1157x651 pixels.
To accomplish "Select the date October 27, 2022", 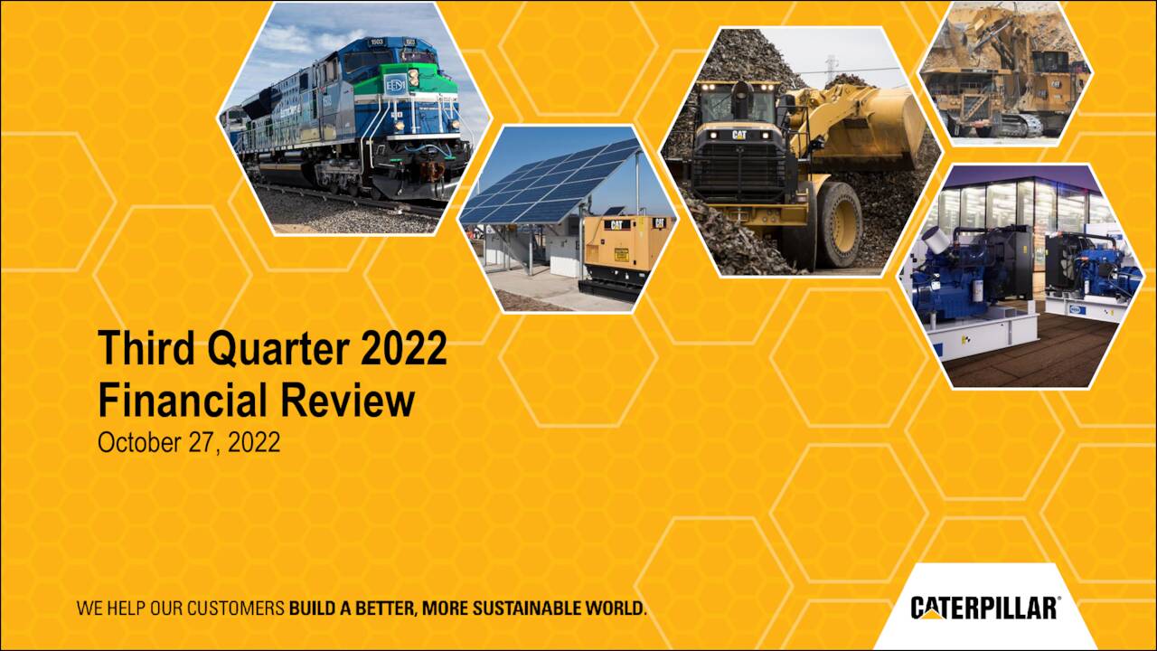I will click(189, 443).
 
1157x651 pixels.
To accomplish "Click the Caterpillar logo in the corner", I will click(984, 607).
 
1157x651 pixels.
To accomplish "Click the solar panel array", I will click(551, 181).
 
